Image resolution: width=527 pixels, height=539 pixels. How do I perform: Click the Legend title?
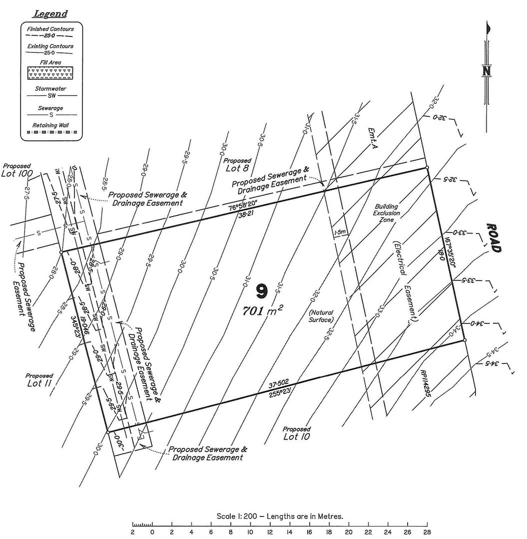(50, 14)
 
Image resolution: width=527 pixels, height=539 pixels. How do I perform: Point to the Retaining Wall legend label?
(51, 125)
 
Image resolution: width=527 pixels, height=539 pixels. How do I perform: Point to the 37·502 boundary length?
(279, 385)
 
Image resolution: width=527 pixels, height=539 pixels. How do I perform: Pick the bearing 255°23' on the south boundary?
(282, 393)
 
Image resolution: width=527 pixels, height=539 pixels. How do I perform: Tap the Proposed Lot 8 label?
(237, 165)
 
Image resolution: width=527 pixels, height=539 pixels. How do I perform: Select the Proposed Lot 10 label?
(296, 433)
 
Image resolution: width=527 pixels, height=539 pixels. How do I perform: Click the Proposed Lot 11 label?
(39, 380)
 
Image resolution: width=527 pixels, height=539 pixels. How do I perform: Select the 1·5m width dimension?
(340, 232)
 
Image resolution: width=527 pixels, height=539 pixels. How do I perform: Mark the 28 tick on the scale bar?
(427, 533)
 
